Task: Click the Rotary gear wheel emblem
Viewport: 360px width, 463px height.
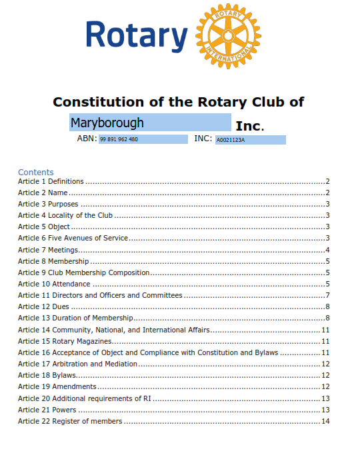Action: [229, 36]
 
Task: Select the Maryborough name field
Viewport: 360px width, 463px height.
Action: [150, 123]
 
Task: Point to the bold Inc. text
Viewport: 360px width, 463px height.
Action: [250, 125]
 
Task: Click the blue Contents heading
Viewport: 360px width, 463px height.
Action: [36, 172]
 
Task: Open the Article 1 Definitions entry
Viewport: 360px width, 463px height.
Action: [51, 181]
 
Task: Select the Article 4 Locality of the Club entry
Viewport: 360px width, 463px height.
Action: [65, 215]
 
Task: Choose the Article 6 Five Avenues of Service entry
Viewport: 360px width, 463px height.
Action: [73, 238]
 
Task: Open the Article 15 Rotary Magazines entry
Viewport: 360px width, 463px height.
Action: [65, 341]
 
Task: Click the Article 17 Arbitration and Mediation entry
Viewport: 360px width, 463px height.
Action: [78, 364]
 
